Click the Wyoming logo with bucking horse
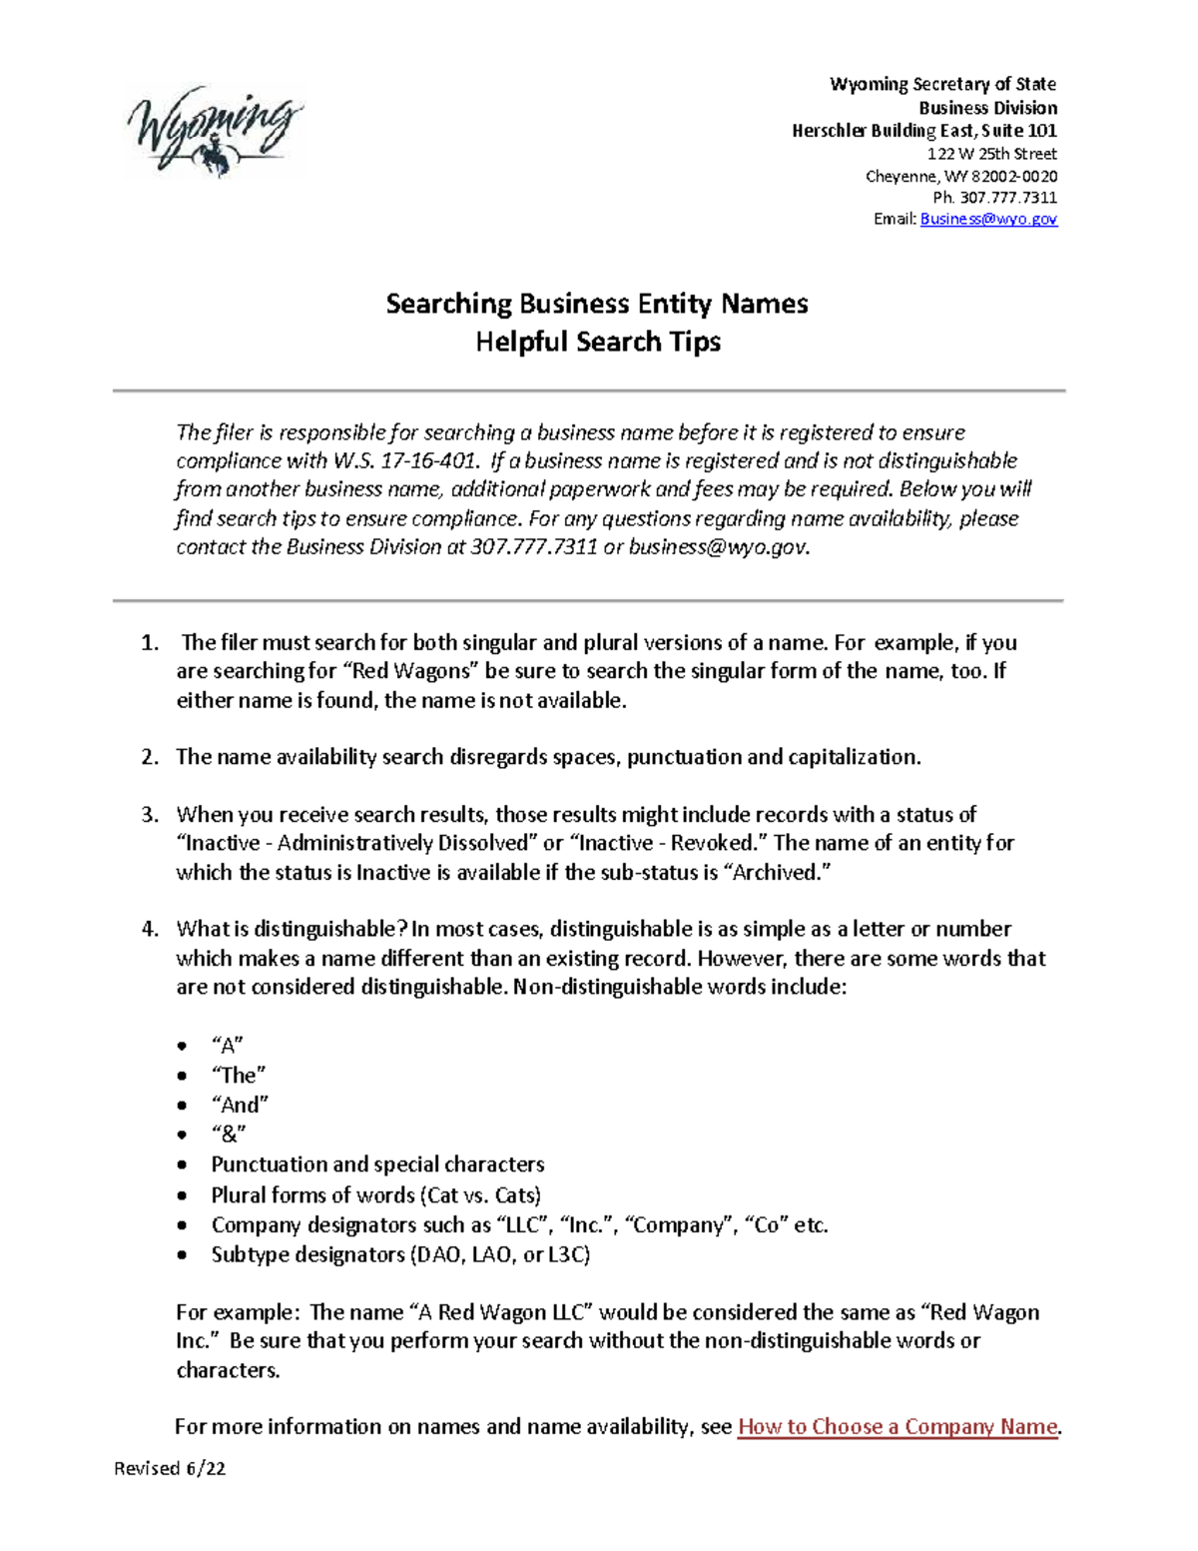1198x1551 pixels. click(x=214, y=132)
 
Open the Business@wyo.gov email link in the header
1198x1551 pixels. click(x=987, y=219)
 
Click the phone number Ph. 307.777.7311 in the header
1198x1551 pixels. click(x=994, y=198)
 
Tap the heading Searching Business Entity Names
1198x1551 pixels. click(x=597, y=304)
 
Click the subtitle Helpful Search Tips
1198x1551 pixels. click(x=597, y=342)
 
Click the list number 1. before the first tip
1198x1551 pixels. click(x=150, y=643)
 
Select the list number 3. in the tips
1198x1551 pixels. click(x=150, y=815)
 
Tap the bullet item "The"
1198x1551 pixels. click(x=239, y=1076)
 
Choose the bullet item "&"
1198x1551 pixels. click(x=229, y=1135)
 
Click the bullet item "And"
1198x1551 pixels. click(x=241, y=1105)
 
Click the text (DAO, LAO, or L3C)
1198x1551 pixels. click(x=500, y=1254)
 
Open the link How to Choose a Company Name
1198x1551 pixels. click(x=897, y=1427)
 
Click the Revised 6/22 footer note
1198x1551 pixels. click(x=170, y=1468)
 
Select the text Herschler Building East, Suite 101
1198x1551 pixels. click(x=923, y=131)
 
